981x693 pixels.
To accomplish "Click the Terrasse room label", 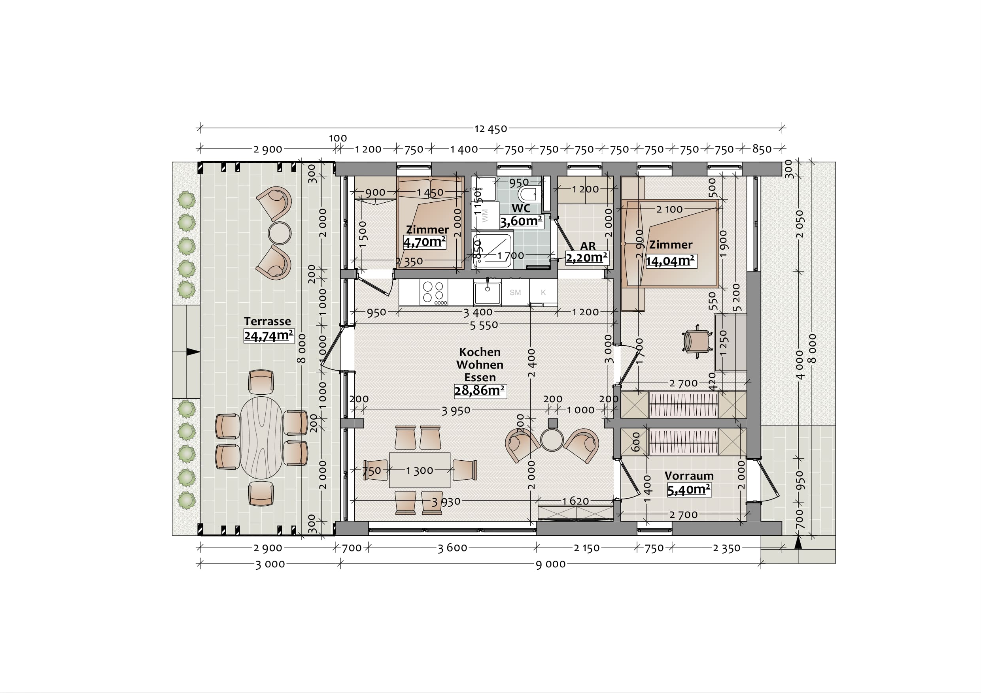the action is click(267, 321).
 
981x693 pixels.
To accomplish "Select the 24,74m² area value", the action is click(268, 335).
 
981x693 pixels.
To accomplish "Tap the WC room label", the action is click(521, 208).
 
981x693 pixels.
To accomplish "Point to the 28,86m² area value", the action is click(479, 390).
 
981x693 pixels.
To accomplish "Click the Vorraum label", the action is click(689, 476).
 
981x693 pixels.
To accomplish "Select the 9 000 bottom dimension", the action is click(550, 564).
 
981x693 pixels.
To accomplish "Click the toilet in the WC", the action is click(528, 194).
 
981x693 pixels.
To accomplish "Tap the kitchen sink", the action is click(487, 292).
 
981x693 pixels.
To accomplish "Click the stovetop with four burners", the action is click(434, 292).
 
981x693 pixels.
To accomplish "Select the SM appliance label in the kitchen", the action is click(515, 292).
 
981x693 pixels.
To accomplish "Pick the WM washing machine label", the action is click(484, 216).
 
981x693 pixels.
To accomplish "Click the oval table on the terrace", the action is click(261, 437).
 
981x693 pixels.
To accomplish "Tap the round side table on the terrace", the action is click(280, 233).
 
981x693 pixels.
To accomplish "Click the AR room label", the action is click(588, 246).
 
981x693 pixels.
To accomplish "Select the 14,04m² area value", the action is click(670, 260).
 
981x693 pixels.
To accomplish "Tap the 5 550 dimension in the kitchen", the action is click(484, 326).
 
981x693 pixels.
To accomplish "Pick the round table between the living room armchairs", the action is click(552, 439).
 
